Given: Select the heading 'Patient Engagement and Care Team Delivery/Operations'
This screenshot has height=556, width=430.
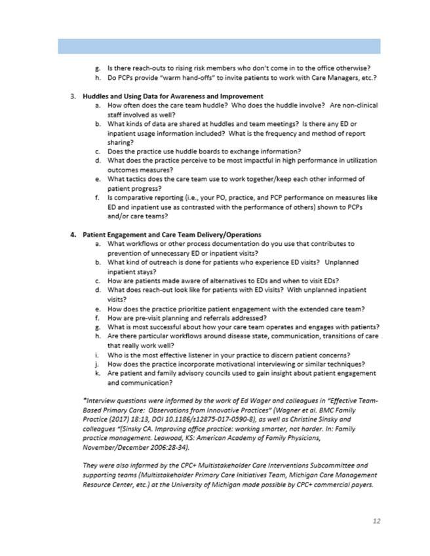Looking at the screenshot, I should click(170, 234).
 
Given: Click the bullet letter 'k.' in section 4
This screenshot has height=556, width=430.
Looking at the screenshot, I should click(97, 374).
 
